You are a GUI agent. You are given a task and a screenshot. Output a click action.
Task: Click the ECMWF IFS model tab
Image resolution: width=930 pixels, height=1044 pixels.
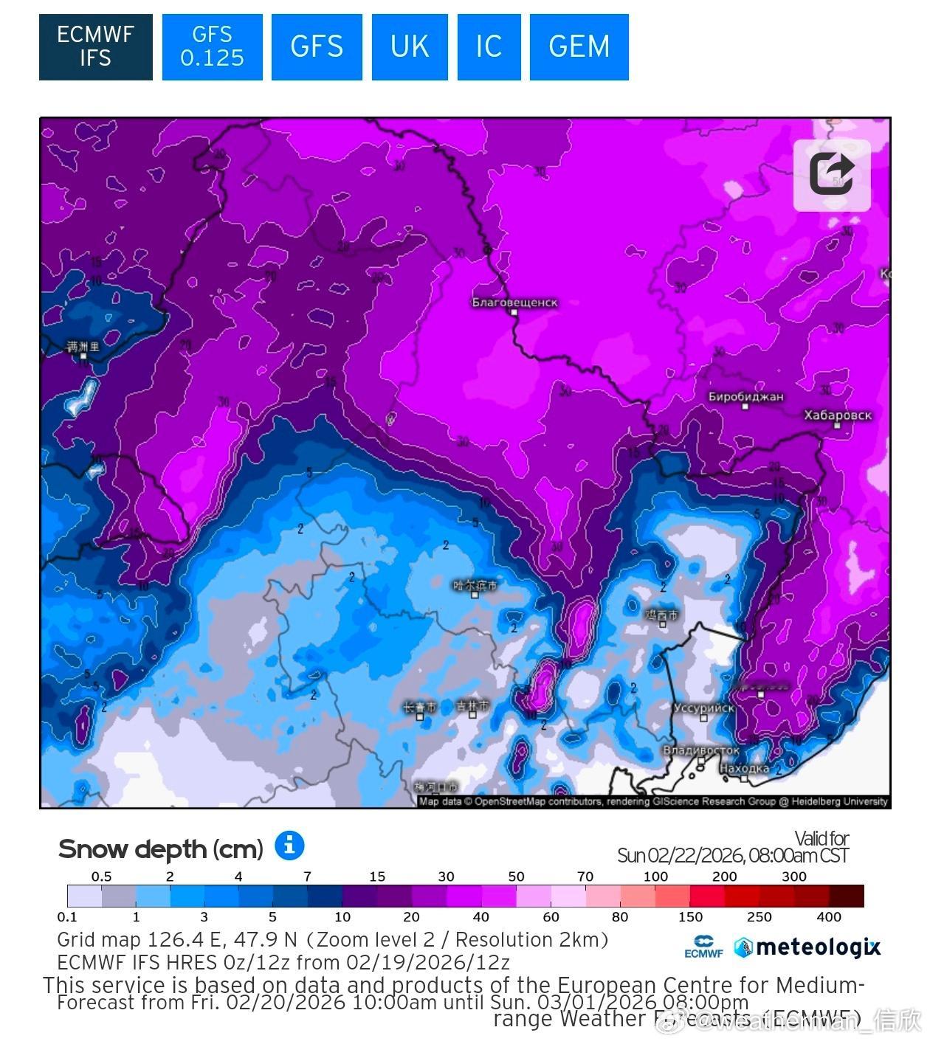(x=95, y=46)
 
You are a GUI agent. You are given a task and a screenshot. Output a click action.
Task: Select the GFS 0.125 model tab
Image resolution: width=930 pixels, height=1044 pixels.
(x=212, y=46)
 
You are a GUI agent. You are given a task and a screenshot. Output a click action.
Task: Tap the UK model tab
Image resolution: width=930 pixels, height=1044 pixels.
(x=409, y=46)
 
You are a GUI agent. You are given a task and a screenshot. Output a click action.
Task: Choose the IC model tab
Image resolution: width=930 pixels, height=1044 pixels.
(x=489, y=46)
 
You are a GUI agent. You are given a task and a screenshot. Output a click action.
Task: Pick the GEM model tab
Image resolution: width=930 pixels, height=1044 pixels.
(x=579, y=46)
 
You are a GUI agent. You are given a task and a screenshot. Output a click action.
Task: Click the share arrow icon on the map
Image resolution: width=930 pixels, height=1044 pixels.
(x=832, y=175)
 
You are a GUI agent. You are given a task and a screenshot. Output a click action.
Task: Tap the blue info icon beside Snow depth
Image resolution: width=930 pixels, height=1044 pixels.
(x=289, y=846)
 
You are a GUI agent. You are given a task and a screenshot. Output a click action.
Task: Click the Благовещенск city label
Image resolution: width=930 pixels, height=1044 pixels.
(x=514, y=303)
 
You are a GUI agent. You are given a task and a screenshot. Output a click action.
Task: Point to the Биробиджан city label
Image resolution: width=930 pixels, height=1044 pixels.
(x=745, y=397)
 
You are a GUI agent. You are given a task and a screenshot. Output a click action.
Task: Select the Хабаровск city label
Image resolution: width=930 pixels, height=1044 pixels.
(x=838, y=415)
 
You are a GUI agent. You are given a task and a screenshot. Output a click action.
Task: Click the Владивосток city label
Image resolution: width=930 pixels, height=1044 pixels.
(x=700, y=750)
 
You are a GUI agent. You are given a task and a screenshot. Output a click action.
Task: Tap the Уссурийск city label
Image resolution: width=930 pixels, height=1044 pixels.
(x=703, y=708)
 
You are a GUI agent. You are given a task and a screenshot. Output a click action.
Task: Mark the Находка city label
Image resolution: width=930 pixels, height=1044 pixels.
(x=744, y=769)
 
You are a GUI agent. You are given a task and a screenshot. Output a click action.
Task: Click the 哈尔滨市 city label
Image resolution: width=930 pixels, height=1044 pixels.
(x=475, y=586)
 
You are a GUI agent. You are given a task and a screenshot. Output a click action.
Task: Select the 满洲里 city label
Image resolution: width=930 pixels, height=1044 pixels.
(x=83, y=347)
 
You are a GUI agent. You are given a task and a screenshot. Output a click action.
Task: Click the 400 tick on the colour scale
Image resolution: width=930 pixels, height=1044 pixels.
(x=829, y=917)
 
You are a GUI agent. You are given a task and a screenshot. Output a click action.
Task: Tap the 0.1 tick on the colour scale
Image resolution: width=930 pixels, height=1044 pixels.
(x=67, y=917)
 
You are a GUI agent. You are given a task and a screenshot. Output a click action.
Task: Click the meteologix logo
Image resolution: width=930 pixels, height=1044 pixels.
(x=807, y=947)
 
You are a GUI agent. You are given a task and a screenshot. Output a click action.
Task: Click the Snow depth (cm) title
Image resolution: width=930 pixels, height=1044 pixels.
(x=160, y=849)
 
